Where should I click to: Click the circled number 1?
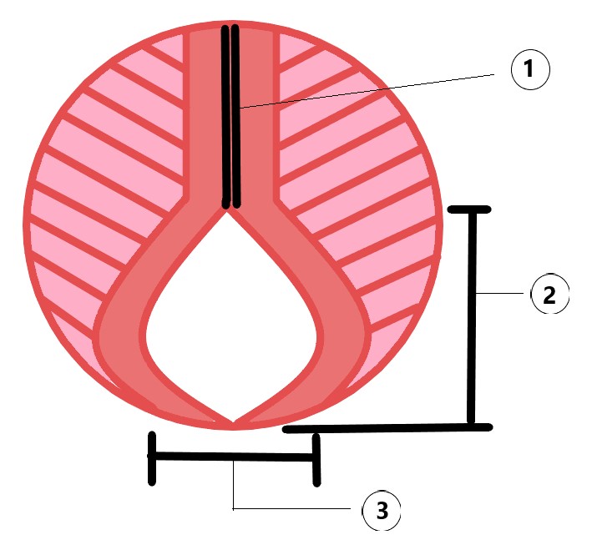click(527, 71)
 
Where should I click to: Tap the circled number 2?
click(549, 295)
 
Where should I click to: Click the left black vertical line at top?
click(225, 117)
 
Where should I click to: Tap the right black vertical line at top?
click(236, 117)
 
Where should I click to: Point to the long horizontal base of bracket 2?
click(384, 428)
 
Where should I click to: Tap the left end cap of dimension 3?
click(151, 457)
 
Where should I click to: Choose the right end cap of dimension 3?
click(316, 459)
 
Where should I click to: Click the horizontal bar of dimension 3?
click(233, 457)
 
